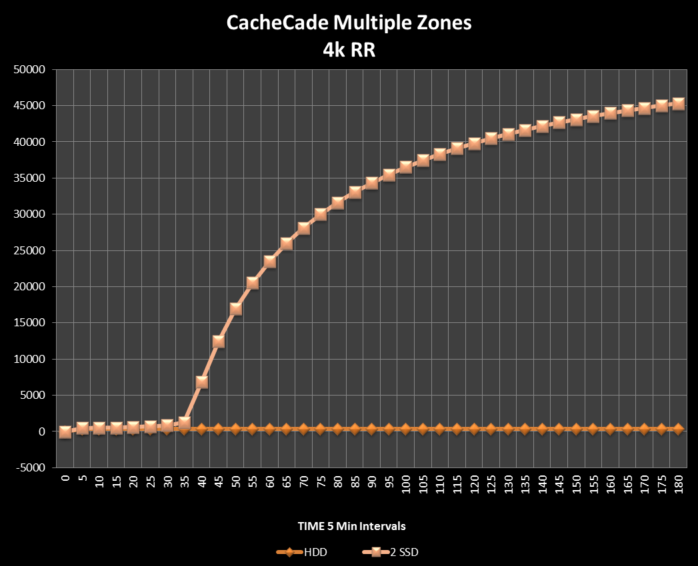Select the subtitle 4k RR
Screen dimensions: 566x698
pos(349,50)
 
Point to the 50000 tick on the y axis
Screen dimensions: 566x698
pos(29,69)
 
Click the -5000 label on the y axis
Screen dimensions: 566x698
pos(29,467)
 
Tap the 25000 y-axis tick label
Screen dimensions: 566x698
pos(29,250)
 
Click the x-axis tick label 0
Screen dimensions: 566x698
pos(65,480)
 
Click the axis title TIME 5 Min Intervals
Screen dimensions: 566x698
pos(351,526)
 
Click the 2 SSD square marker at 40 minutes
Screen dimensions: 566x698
pos(201,382)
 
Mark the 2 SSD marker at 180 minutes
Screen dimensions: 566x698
pos(679,104)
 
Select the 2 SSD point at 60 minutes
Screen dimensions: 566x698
pos(269,262)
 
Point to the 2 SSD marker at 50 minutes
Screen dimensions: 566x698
pos(235,309)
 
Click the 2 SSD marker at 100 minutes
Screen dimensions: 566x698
pos(406,167)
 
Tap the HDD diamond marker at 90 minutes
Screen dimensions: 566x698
pos(372,429)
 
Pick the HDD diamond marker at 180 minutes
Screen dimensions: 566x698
pos(679,429)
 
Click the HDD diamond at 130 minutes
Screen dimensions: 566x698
pos(508,429)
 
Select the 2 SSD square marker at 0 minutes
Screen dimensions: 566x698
pos(65,431)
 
